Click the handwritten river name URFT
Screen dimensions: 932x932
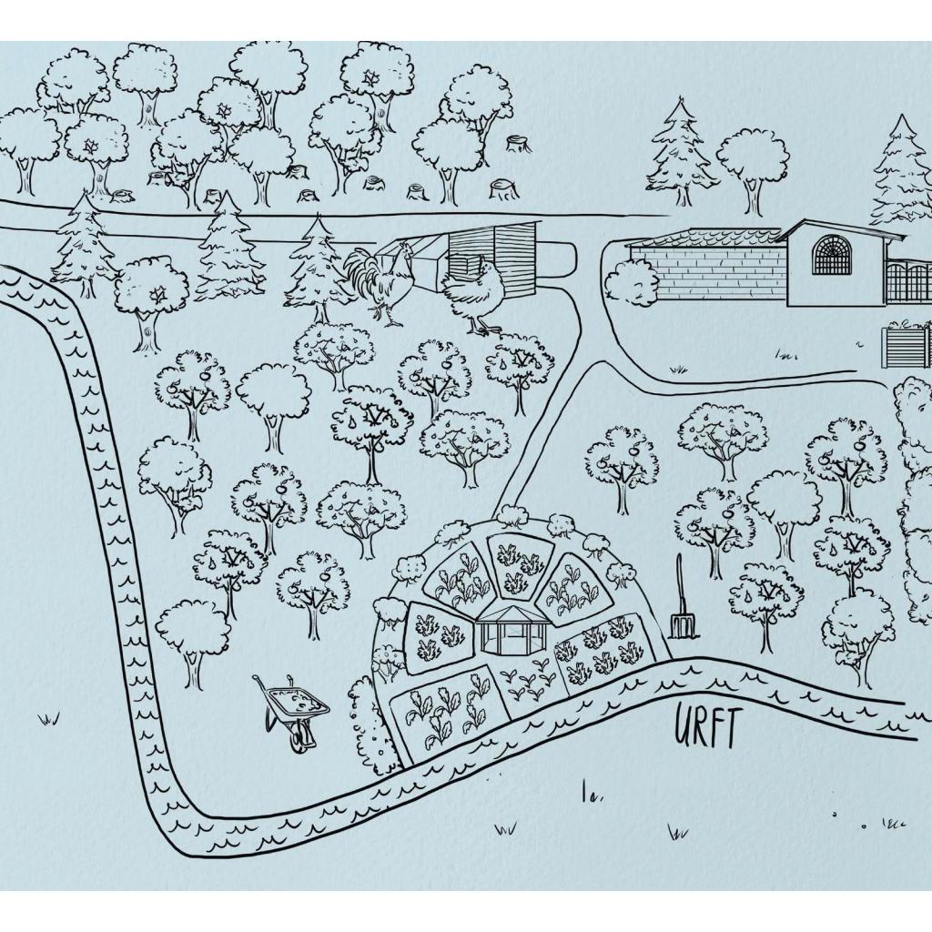coord(707,726)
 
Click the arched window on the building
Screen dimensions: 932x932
coord(832,255)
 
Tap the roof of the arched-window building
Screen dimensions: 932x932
coord(841,229)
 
